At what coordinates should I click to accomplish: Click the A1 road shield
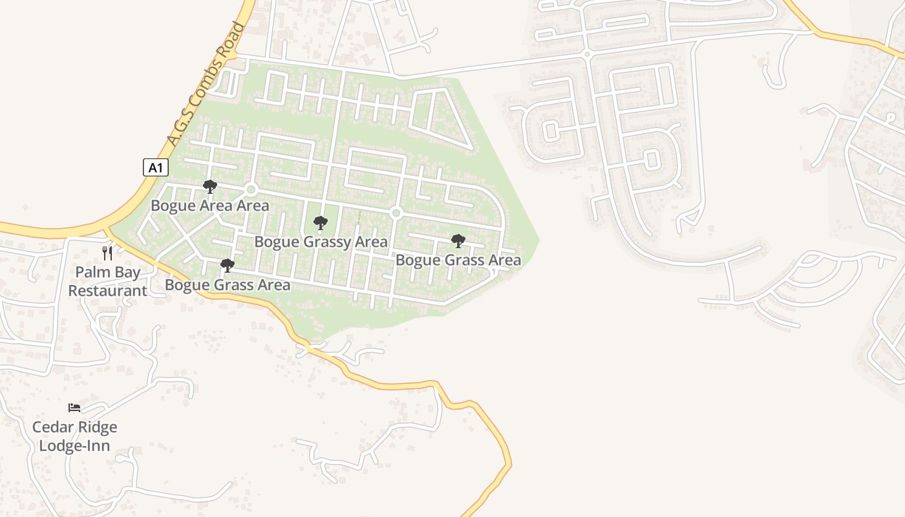click(155, 168)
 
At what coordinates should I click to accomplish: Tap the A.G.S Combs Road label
click(206, 83)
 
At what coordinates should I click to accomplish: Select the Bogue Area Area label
click(209, 206)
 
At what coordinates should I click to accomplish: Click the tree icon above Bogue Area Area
click(209, 187)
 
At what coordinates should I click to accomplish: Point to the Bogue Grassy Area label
click(321, 242)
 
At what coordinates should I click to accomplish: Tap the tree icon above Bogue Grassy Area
click(320, 224)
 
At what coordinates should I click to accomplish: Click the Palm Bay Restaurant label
click(107, 282)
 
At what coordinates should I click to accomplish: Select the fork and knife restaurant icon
click(107, 253)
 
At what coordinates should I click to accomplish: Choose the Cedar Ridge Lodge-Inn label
click(74, 436)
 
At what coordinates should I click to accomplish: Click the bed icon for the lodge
click(74, 408)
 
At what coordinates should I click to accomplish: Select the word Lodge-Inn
click(74, 446)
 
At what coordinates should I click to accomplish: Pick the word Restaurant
click(107, 291)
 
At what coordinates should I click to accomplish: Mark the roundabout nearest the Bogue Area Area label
click(251, 189)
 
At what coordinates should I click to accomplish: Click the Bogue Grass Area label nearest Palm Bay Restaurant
click(227, 285)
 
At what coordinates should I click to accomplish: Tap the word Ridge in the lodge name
click(97, 427)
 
